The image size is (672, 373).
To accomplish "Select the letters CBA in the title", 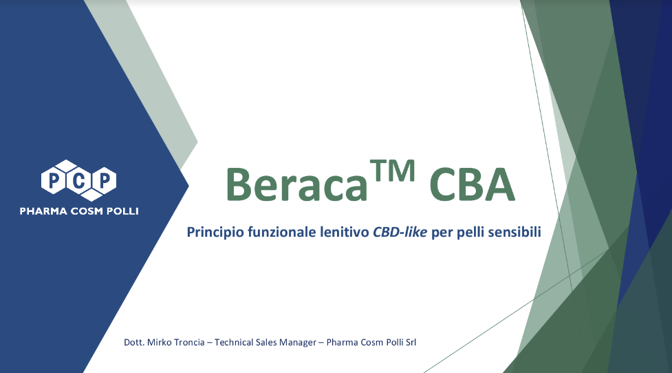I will click(x=472, y=184).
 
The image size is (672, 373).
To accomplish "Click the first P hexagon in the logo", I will click(x=54, y=180).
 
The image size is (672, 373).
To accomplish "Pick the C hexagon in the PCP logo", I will click(x=78, y=180).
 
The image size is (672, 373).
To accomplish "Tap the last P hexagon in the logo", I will click(x=103, y=180).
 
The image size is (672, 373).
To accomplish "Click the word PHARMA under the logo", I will click(x=43, y=211).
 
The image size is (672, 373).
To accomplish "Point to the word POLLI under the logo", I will click(x=123, y=211).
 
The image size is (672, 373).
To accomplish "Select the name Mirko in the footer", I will click(x=160, y=342).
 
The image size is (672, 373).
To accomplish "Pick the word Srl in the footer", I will click(x=410, y=342).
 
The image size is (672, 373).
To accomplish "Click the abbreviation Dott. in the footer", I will click(x=134, y=342).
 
